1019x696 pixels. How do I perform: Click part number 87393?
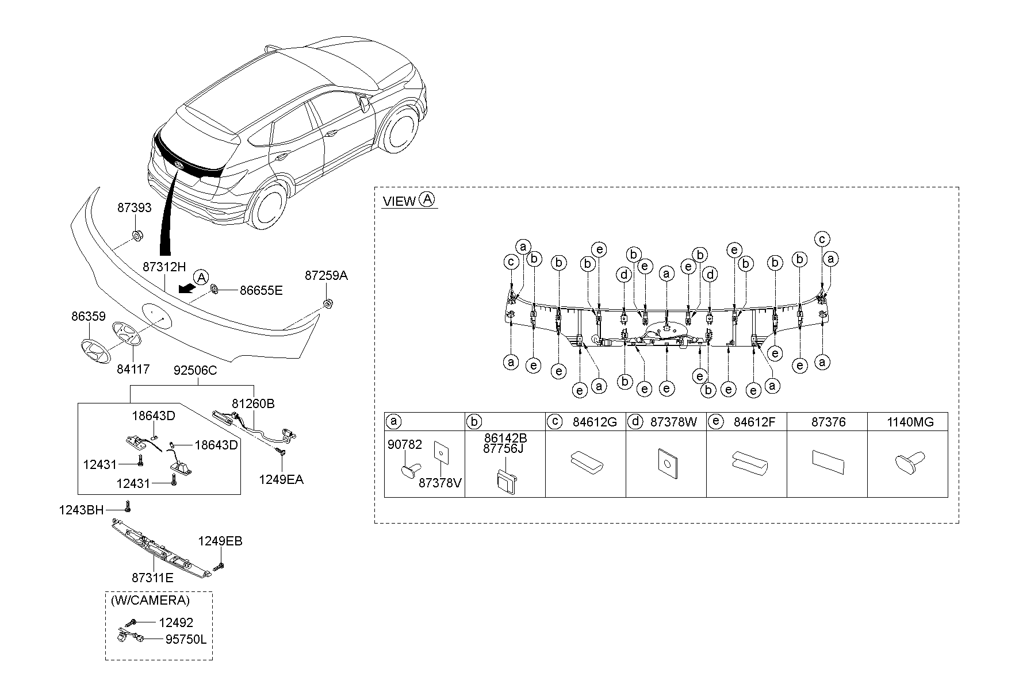tap(135, 208)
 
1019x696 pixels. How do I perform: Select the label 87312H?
tap(164, 267)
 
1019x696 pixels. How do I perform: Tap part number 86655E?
tap(261, 291)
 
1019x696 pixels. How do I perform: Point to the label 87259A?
tap(326, 276)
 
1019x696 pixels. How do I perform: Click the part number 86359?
tap(89, 316)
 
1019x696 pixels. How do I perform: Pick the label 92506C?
tap(196, 371)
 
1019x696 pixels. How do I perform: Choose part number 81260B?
tap(253, 404)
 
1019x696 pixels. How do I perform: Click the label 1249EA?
tap(281, 480)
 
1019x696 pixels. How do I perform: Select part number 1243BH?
tap(81, 509)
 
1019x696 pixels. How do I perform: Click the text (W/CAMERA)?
tap(150, 601)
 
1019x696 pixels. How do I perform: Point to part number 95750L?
tap(185, 639)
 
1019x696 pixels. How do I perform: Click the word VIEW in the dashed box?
tap(399, 201)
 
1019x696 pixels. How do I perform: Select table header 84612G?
tap(595, 422)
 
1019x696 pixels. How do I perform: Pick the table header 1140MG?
tap(910, 422)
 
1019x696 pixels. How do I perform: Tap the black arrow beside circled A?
tap(186, 287)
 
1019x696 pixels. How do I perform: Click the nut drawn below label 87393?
tap(138, 235)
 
